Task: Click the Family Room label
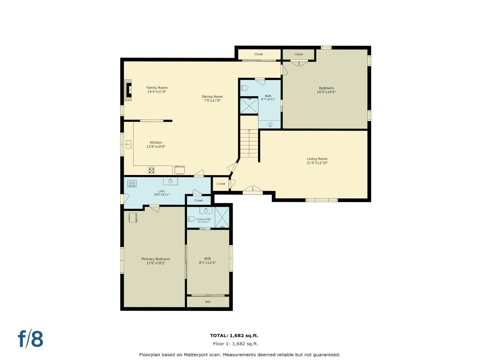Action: pos(157,88)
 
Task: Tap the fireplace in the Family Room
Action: pos(128,90)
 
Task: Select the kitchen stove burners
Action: pos(151,170)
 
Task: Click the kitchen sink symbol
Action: pos(128,144)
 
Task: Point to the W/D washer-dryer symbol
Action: pos(132,183)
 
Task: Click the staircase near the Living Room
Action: pos(249,143)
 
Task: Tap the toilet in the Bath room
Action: pos(244,88)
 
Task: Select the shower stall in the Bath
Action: pos(249,105)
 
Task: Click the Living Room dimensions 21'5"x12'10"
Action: pos(317,163)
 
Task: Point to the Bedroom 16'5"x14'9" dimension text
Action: pos(326,92)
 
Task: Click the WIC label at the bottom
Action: pos(208,302)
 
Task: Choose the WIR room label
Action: pos(207,259)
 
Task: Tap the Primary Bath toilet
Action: pos(191,219)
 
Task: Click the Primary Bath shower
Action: pos(222,217)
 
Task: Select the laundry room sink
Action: pos(170,181)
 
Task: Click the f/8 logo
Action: pos(31,339)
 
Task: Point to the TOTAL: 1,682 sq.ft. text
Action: pos(234,336)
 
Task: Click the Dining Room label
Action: pos(212,97)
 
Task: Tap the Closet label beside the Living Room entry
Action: pos(221,184)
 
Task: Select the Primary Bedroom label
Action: pos(156,259)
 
